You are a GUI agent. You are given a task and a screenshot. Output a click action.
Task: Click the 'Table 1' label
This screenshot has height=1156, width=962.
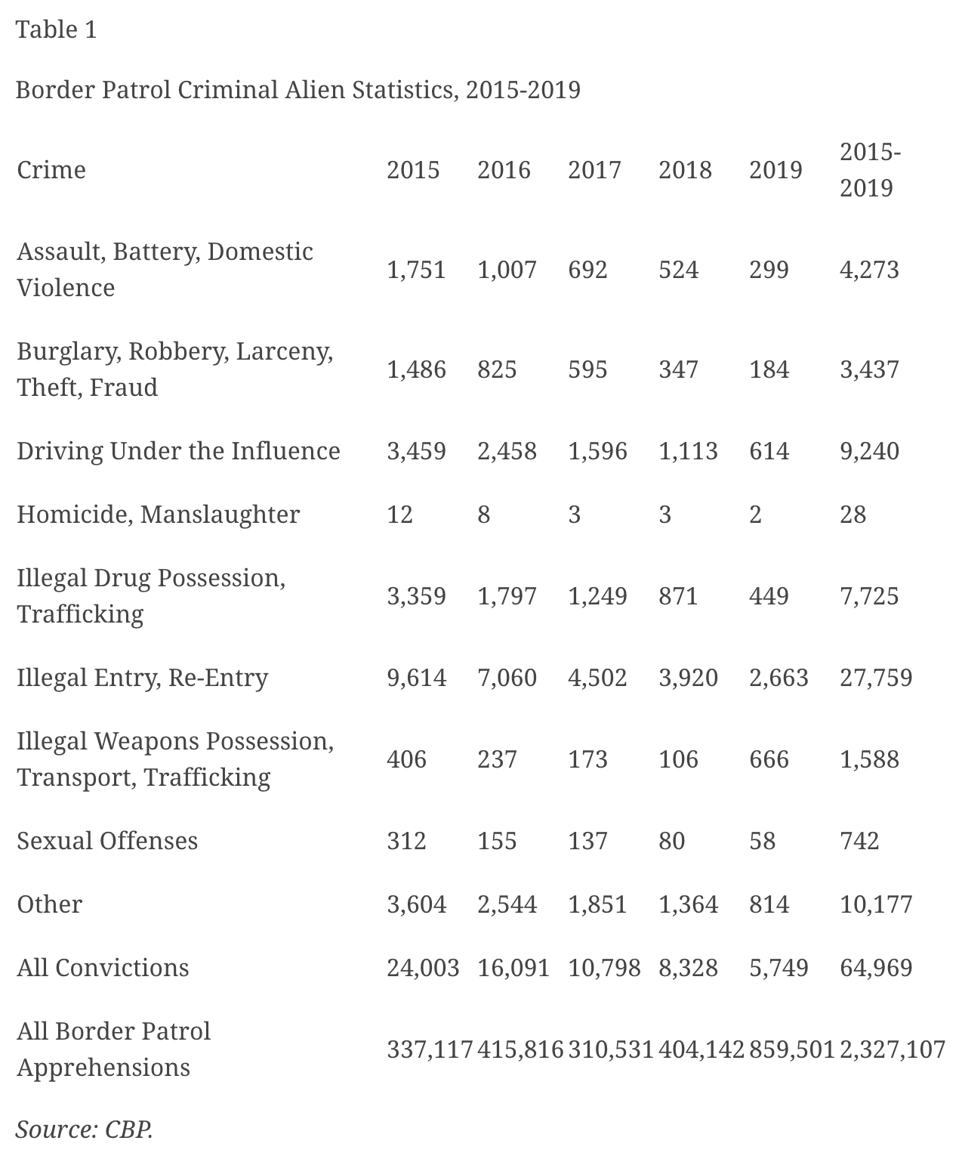(57, 29)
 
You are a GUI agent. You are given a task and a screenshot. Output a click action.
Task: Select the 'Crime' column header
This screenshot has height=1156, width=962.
(51, 169)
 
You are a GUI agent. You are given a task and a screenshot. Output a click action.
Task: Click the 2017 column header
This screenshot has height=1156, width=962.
(594, 169)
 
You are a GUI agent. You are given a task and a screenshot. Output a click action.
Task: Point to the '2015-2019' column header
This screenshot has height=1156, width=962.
(870, 170)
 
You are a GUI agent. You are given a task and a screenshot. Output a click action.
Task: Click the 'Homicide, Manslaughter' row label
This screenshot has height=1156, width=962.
(159, 514)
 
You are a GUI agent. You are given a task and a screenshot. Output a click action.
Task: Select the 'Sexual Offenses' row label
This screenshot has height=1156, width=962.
(107, 840)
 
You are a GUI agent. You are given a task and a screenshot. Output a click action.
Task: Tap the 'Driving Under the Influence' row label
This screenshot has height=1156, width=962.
(178, 450)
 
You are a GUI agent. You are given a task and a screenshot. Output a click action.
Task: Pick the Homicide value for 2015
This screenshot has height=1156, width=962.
(400, 514)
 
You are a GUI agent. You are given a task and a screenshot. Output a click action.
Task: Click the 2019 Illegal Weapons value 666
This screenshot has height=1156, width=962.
(769, 759)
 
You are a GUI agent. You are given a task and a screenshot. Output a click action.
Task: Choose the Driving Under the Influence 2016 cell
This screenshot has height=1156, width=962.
(507, 450)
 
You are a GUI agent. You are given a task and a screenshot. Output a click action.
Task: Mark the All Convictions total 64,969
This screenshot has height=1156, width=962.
(876, 967)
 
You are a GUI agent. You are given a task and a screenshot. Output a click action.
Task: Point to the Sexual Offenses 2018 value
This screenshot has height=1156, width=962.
(671, 840)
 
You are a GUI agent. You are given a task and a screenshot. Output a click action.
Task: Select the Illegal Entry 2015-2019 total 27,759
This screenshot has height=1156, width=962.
(876, 677)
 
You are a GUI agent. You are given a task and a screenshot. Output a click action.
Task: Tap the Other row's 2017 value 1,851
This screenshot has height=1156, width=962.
(597, 904)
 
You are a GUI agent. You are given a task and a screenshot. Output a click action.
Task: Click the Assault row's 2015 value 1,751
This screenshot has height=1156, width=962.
(416, 270)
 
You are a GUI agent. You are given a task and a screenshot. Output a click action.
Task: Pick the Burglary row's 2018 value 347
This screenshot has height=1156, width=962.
(678, 369)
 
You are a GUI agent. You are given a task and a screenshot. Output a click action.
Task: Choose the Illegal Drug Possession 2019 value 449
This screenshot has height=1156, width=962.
(769, 595)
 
